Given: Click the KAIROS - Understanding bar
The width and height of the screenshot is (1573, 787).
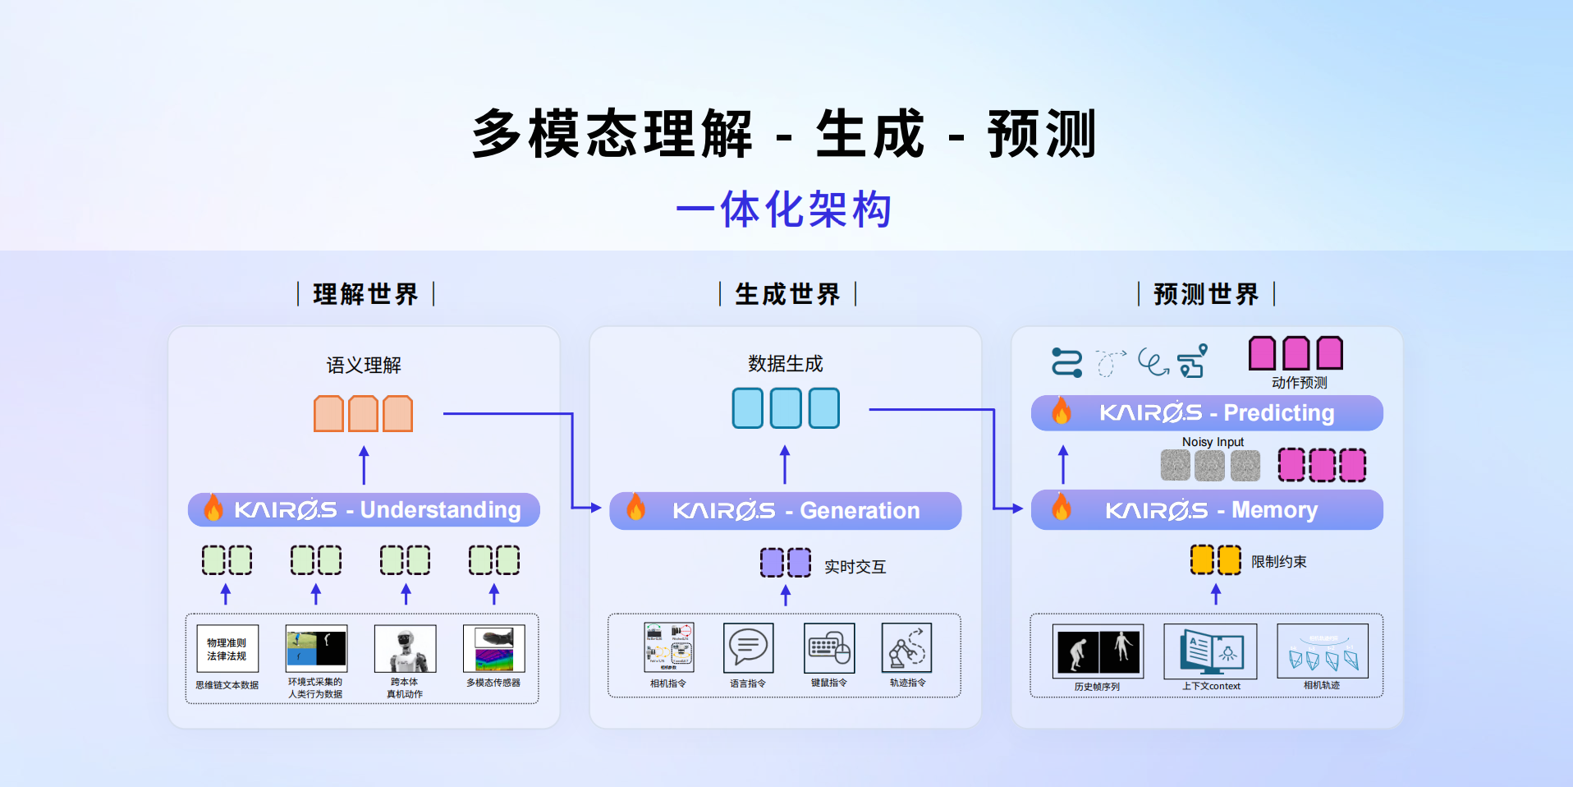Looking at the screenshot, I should pos(364,510).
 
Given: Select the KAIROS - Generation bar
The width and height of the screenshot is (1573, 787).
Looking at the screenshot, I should pos(785,511).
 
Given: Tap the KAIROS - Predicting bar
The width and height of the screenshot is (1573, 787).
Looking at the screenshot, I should pos(1207,412).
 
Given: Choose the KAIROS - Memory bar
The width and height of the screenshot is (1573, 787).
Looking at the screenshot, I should pos(1207,510).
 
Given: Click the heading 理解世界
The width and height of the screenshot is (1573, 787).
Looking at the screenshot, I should pos(365,294).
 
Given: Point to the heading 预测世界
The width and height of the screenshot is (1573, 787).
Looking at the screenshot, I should pos(1206,294).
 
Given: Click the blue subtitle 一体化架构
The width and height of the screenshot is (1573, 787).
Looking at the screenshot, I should pos(784,209).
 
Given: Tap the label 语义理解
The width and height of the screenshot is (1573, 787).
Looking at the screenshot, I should pos(364,365).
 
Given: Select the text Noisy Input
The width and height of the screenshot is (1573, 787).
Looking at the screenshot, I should pos(1213,442).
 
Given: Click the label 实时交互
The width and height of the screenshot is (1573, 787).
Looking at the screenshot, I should pos(855,567).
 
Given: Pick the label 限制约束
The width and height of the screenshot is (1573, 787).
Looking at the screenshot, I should pos(1278,562).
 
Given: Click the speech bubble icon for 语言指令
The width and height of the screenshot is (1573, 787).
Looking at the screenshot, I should pos(748,648).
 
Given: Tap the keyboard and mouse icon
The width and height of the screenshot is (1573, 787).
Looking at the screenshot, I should pos(829,648).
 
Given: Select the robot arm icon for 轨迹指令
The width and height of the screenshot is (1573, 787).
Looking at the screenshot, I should pos(906,648).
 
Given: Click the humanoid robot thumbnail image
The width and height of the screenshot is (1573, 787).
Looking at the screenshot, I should pos(405,649).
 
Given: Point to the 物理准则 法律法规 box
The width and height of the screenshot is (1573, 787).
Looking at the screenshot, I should pos(227,649).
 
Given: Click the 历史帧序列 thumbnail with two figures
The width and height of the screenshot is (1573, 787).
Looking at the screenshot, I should pos(1098,651).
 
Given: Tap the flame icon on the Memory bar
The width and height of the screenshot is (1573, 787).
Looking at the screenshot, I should pos(1062,508).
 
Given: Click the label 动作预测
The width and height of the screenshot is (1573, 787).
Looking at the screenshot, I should pos(1299,383).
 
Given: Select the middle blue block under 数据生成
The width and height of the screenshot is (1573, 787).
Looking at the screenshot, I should pos(786,408).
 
